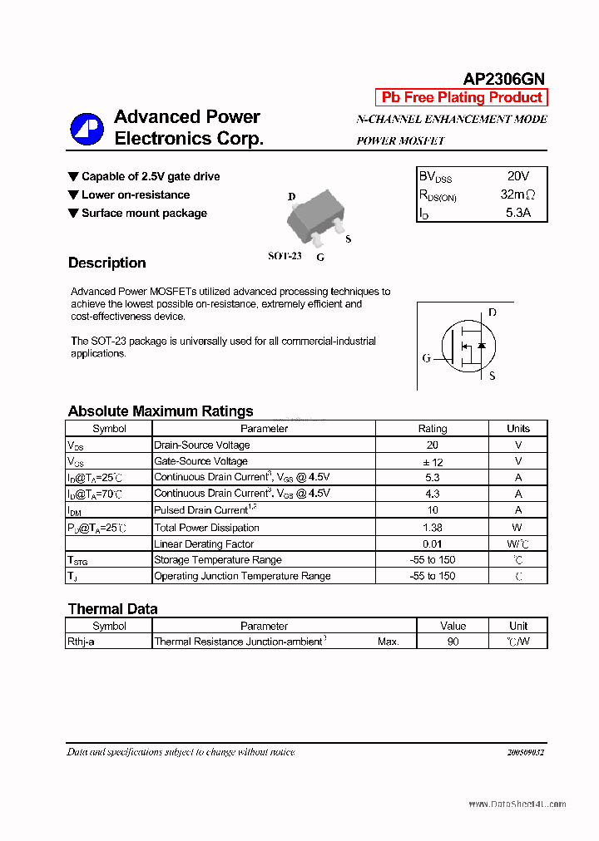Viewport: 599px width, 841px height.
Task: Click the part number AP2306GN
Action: point(503,79)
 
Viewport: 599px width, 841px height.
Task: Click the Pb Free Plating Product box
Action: point(462,97)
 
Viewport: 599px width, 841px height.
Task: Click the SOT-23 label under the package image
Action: point(285,256)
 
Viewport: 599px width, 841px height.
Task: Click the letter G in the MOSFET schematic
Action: point(426,358)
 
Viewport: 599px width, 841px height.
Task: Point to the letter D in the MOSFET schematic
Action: point(493,312)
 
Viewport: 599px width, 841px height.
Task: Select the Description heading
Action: point(106,263)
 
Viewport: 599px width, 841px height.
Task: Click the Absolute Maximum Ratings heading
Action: point(161,411)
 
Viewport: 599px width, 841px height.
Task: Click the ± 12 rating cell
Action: point(432,461)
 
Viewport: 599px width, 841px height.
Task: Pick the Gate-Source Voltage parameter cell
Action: point(201,461)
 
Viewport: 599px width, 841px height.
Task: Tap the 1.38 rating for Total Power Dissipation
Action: point(432,527)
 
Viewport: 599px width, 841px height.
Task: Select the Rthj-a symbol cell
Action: point(81,642)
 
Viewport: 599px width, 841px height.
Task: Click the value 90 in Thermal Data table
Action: point(453,642)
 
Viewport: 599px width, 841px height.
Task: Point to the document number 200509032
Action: point(524,752)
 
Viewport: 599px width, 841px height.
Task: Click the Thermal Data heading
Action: point(112,608)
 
